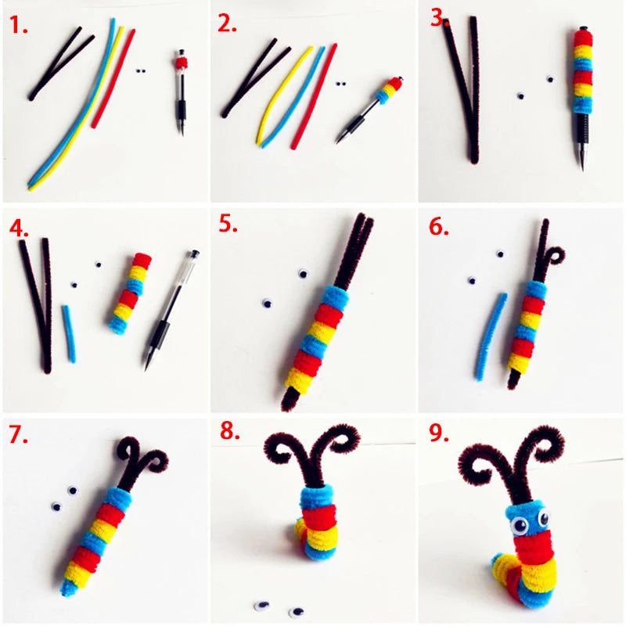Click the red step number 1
tap(18, 25)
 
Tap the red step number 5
tap(228, 224)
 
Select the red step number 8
tap(229, 431)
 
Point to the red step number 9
tap(439, 433)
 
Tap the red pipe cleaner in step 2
tap(314, 96)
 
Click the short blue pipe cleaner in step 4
tap(69, 334)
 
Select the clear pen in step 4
tap(171, 310)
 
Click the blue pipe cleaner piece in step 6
tap(491, 336)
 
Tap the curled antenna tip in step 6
tap(556, 256)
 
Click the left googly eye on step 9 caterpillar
tap(520, 525)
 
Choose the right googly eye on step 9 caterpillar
tap(543, 518)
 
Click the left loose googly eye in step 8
tap(261, 606)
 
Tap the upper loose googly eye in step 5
tap(304, 274)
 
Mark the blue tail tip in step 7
tap(67, 588)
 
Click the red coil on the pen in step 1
tap(182, 62)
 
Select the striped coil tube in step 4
tap(131, 293)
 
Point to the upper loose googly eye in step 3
tap(551, 79)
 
